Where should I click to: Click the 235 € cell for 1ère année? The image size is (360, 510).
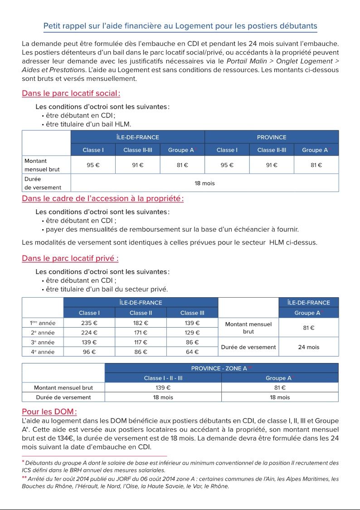pyautogui.click(x=89, y=323)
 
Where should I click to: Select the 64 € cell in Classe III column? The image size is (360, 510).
pyautogui.click(x=192, y=352)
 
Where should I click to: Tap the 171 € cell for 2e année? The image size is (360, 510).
pyautogui.click(x=141, y=333)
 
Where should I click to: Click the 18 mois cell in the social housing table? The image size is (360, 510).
pyautogui.click(x=204, y=183)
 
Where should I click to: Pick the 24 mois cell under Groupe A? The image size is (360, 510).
pyautogui.click(x=308, y=347)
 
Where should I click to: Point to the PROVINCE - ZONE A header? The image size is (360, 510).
pyautogui.click(x=221, y=368)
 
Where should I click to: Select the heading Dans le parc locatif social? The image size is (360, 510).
pyautogui.click(x=71, y=94)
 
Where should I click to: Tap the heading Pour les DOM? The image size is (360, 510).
pyautogui.click(x=49, y=412)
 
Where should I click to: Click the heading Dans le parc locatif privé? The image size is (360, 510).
pyautogui.click(x=70, y=259)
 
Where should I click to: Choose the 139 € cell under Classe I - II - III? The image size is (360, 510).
pyautogui.click(x=163, y=387)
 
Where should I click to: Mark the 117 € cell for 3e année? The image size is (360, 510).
pyautogui.click(x=141, y=342)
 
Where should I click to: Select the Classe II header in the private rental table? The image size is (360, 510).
pyautogui.click(x=141, y=313)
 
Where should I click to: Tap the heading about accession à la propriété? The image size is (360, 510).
pyautogui.click(x=102, y=198)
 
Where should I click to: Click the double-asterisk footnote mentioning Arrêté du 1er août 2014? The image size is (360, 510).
pyautogui.click(x=180, y=482)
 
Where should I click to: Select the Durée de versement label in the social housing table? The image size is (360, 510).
pyautogui.click(x=43, y=183)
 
